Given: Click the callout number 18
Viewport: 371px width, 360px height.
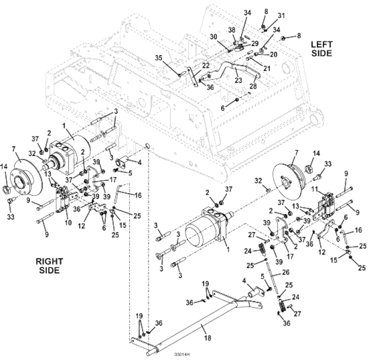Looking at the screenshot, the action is point(207,338).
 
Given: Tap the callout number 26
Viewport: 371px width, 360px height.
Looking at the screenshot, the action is point(285,273).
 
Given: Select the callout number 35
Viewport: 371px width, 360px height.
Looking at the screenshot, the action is point(159,58).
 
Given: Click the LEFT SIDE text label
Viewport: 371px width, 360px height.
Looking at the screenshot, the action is point(321,49).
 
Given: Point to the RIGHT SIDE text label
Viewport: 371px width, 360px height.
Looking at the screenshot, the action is point(50,265).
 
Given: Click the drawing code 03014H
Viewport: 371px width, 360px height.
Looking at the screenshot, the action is point(182,355).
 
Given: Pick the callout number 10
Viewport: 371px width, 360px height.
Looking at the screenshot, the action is point(68,223).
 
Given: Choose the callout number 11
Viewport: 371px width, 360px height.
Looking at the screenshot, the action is point(314,189).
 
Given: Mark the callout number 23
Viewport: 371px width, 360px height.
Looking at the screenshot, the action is point(238,80).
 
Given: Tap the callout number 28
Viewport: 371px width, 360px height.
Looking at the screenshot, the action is point(253,86).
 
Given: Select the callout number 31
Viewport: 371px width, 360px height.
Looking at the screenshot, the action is point(281,16).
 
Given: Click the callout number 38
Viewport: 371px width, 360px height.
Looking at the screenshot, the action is point(232,30).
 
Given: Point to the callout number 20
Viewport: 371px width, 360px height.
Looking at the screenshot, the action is point(273,55).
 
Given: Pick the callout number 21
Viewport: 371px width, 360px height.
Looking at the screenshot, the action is point(267,68).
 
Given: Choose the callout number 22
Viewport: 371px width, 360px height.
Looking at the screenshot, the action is point(205,66).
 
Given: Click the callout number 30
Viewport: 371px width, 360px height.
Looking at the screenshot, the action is point(213,37).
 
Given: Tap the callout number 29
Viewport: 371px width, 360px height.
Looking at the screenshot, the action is point(255,44).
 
